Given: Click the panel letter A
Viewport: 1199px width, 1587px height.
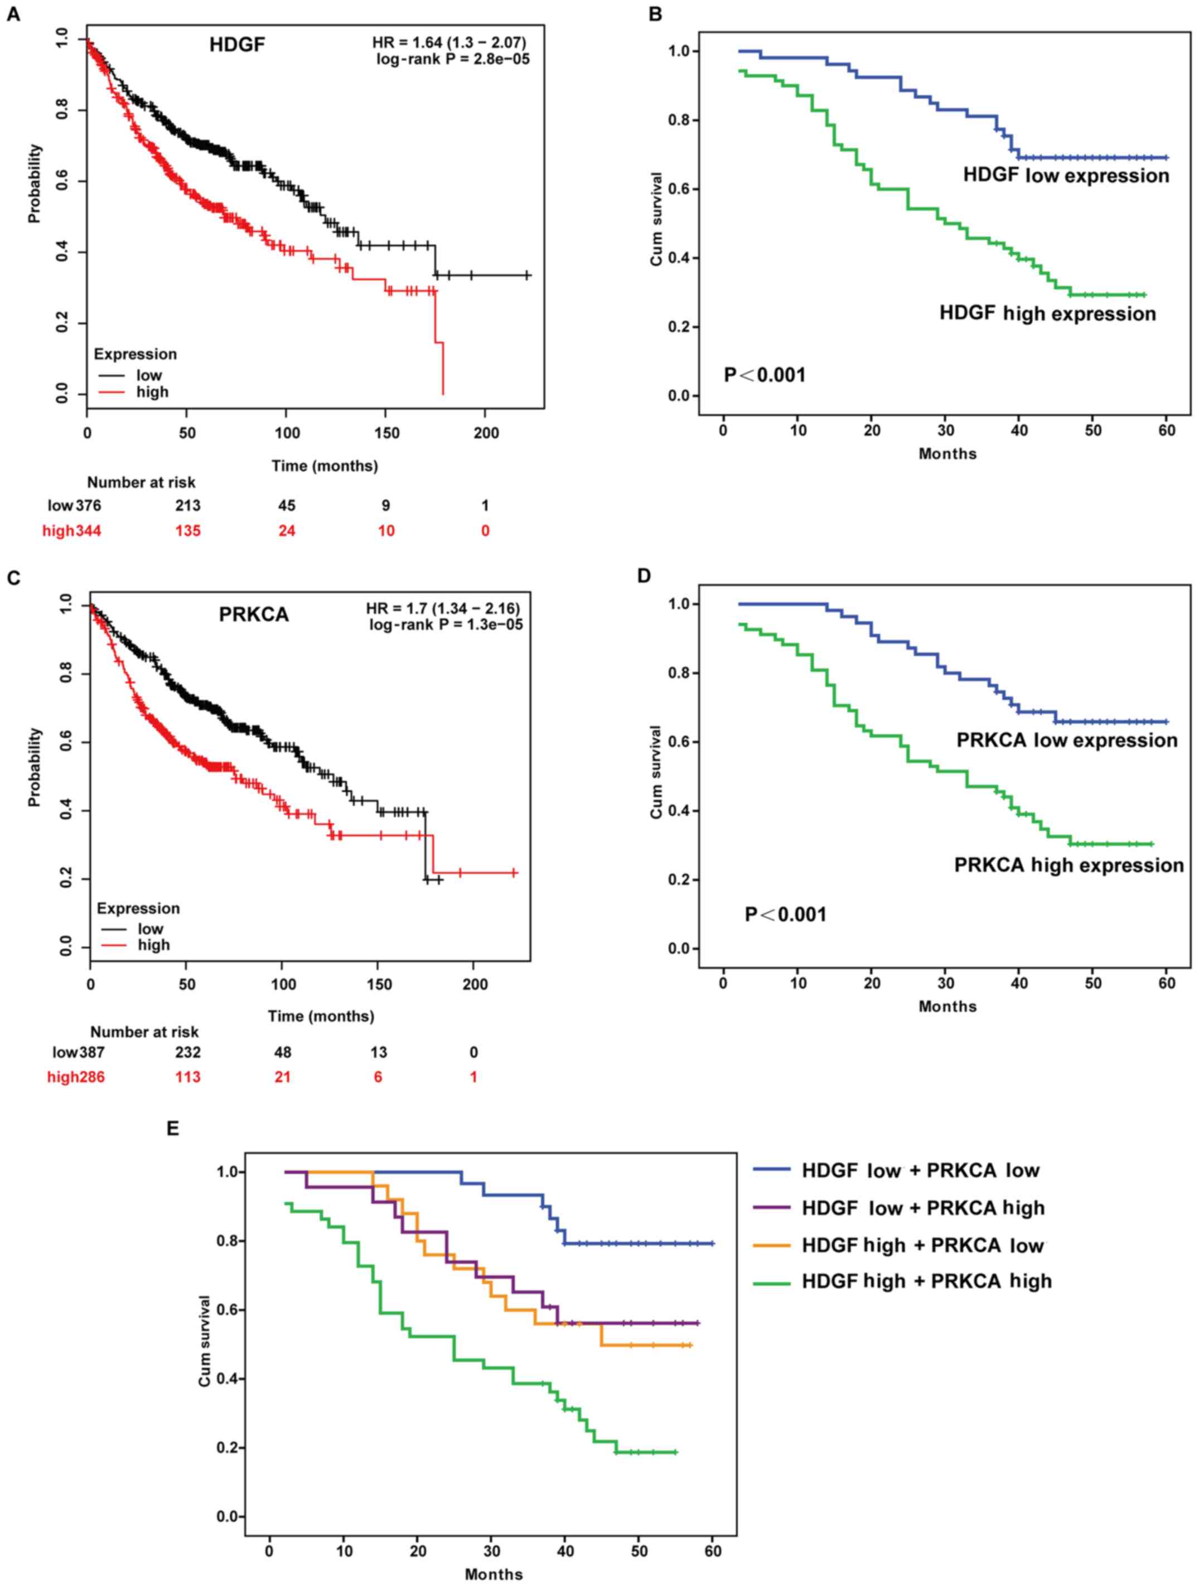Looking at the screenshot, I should click(13, 14).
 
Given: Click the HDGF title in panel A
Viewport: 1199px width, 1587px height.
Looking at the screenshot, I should click(237, 45).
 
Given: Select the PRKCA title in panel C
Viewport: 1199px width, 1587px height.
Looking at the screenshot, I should click(253, 615).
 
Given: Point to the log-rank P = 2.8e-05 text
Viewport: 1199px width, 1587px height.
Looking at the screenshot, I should click(453, 60).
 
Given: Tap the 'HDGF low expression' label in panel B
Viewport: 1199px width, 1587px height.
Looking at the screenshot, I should click(1066, 176).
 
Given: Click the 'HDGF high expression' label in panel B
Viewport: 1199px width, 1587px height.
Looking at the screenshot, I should click(1048, 313).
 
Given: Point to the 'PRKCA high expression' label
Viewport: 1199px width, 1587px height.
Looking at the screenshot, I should click(1069, 865).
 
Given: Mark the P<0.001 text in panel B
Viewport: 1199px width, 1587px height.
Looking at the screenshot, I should click(764, 375).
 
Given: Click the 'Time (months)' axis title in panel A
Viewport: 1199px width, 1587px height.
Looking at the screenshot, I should click(325, 466).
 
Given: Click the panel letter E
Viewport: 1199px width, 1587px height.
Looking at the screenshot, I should click(172, 1129).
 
